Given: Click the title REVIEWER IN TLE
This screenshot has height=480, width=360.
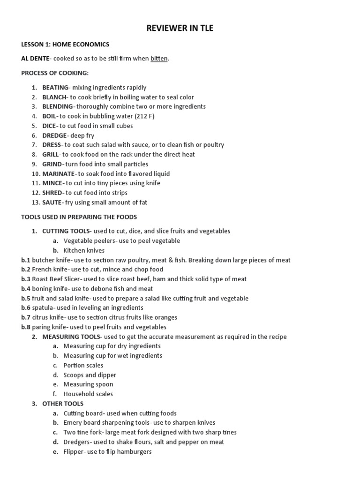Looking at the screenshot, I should click(180, 28).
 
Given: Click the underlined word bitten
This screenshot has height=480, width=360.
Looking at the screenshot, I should click(159, 59).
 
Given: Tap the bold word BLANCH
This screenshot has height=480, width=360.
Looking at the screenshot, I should click(54, 97).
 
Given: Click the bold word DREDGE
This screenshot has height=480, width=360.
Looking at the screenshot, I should click(55, 135).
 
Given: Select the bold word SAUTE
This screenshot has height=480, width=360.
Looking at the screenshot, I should click(52, 202).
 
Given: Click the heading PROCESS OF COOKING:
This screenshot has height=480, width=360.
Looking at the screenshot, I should click(55, 73).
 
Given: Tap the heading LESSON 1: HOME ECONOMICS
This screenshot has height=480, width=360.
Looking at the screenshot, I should click(65, 45).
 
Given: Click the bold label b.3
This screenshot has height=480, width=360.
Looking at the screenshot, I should click(26, 279).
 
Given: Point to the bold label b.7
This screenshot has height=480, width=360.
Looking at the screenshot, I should click(26, 317).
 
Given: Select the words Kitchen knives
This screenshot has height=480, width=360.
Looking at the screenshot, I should click(84, 250).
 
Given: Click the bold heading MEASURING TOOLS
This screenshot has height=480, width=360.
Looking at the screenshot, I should click(71, 337).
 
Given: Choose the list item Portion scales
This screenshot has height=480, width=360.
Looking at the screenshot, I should click(83, 365).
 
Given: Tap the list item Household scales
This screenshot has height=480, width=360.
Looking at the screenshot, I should click(88, 394).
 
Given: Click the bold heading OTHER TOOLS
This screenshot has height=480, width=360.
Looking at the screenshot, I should click(63, 404).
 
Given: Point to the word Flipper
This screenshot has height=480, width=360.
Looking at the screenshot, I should click(74, 451).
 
